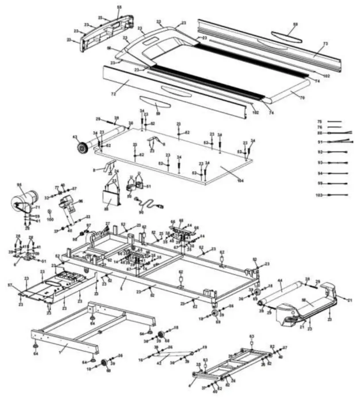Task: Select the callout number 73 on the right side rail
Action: [325, 44]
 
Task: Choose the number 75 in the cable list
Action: [319, 121]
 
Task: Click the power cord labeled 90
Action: [151, 205]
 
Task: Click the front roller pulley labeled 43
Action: [82, 147]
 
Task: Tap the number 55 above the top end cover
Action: [119, 8]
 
